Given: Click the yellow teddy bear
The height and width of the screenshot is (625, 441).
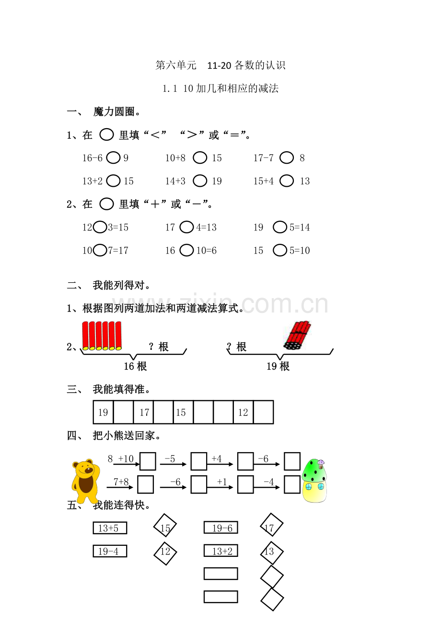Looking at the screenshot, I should tap(85, 480).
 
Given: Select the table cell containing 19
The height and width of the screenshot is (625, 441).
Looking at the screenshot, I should tap(103, 412).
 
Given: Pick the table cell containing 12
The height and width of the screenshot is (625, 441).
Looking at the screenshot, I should tap(243, 412).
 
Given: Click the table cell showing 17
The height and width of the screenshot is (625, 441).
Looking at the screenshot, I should tap(144, 412).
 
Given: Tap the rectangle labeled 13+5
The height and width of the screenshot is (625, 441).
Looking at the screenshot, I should tap(110, 528).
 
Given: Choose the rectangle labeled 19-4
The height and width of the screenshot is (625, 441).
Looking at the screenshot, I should tap(110, 551).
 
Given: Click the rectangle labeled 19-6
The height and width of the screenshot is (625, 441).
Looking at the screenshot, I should tap(220, 528).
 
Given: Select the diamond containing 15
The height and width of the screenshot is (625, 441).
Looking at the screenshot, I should tap(165, 528).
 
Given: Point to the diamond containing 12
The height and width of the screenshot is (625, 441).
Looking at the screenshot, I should tap(165, 552).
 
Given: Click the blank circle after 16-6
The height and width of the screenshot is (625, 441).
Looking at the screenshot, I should tap(114, 157).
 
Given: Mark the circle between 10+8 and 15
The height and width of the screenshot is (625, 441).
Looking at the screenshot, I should tap(200, 157).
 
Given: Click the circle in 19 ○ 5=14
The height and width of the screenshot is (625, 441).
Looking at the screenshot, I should tap(280, 227).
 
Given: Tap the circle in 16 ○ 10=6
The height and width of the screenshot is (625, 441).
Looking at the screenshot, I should tap(186, 250).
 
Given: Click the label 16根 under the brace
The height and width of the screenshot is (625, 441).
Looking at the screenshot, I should tap(135, 366).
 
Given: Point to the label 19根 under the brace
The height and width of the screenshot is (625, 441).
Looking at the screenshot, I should tap(278, 366).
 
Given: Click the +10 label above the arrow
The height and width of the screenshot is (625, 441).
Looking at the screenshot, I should tap(126, 458).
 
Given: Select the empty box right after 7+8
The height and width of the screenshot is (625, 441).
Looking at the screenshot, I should tap(145, 484).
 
